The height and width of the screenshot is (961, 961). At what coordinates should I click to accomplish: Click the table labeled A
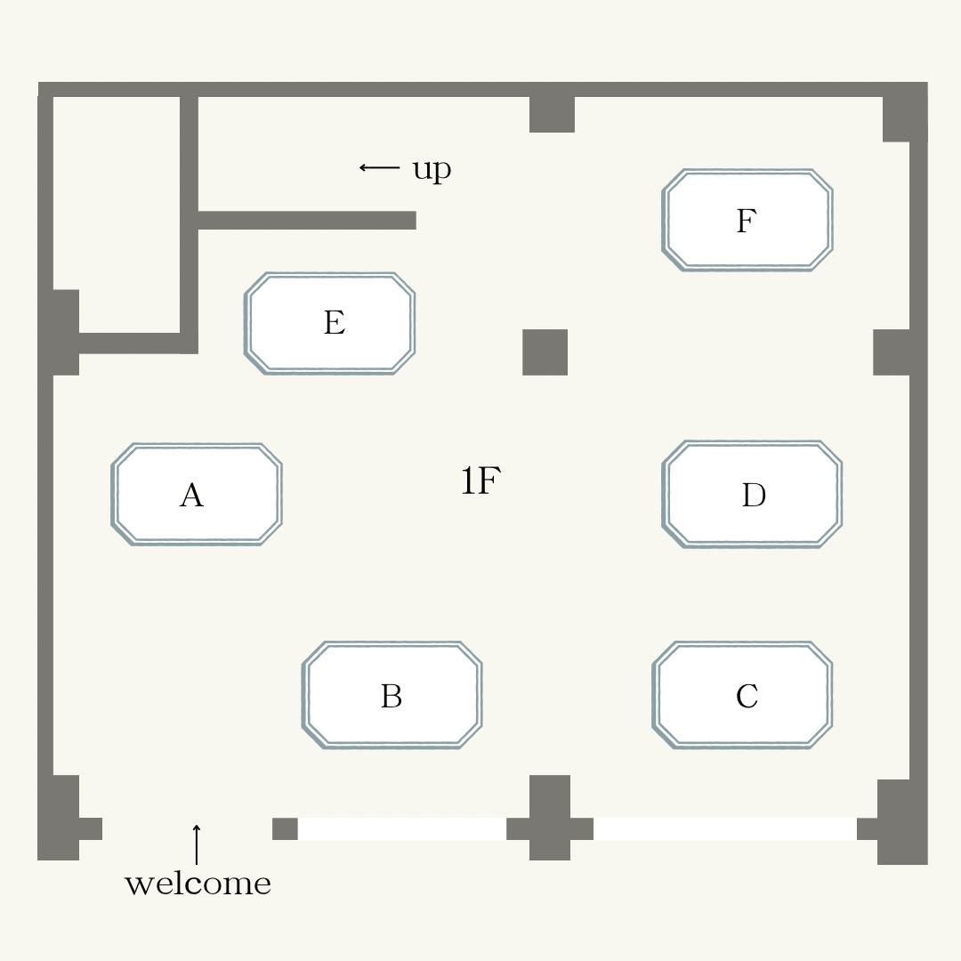tap(196, 494)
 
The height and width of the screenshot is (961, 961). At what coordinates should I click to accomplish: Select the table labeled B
tap(392, 695)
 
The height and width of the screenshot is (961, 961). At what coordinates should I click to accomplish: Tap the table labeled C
tap(742, 695)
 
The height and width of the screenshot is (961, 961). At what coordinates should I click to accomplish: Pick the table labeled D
tap(752, 494)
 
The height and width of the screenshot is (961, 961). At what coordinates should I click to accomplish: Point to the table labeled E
tap(330, 323)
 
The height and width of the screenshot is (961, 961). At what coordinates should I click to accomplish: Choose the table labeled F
tap(747, 220)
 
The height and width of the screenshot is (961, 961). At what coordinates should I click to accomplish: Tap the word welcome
tap(198, 884)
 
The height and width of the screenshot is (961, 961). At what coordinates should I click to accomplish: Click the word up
tap(432, 169)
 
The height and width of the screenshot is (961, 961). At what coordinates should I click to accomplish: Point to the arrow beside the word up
tap(379, 166)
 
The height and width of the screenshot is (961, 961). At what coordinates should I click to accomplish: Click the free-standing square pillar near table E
tap(545, 351)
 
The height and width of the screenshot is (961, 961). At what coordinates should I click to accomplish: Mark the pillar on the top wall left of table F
tap(553, 114)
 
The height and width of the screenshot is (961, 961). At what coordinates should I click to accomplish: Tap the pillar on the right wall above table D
tap(891, 351)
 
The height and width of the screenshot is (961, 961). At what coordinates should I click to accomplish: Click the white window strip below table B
tap(402, 828)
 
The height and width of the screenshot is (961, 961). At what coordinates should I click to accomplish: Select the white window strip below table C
tap(725, 828)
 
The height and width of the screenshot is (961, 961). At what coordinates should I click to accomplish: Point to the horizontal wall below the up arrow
tap(307, 220)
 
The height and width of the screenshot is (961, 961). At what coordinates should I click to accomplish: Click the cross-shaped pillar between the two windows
tap(550, 818)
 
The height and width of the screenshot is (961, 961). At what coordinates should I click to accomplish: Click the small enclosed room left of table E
tap(117, 214)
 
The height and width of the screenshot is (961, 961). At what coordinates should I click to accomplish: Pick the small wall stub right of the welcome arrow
tap(285, 828)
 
